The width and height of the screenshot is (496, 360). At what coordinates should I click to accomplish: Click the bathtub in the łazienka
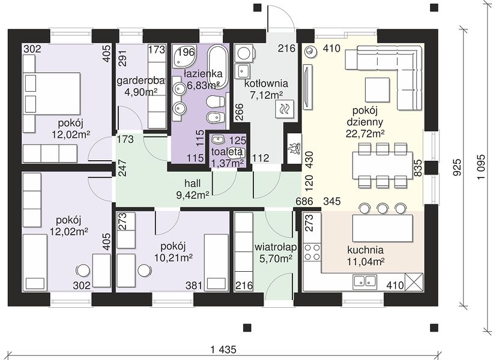pyautogui.click(x=217, y=67)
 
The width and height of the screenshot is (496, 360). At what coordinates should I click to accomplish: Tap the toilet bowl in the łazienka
pyautogui.click(x=214, y=102)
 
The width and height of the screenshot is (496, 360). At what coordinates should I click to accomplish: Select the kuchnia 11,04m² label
pyautogui.click(x=366, y=256)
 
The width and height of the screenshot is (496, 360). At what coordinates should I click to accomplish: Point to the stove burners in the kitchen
pyautogui.click(x=312, y=252)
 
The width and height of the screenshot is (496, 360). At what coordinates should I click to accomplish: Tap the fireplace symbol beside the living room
pyautogui.click(x=294, y=148)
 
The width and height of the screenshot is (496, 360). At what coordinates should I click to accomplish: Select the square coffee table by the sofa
pyautogui.click(x=377, y=89)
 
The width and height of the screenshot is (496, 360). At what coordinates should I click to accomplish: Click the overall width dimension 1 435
pyautogui.click(x=223, y=350)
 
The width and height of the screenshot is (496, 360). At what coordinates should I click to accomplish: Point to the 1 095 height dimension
pyautogui.click(x=481, y=167)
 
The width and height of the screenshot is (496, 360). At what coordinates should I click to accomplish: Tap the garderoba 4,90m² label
pyautogui.click(x=141, y=86)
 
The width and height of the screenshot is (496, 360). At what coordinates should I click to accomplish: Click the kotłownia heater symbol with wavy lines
pyautogui.click(x=285, y=109)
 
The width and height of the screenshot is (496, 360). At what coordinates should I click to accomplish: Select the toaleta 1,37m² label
pyautogui.click(x=227, y=157)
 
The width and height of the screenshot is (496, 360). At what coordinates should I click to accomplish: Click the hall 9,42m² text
pyautogui.click(x=192, y=190)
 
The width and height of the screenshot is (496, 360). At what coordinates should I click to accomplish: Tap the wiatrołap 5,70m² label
pyautogui.click(x=276, y=253)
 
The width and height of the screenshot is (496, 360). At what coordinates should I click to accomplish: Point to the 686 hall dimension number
pyautogui.click(x=304, y=201)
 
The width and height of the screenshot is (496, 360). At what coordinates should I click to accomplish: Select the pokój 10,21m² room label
pyautogui.click(x=173, y=252)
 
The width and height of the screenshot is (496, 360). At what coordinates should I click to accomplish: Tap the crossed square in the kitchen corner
pyautogui.click(x=414, y=281)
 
